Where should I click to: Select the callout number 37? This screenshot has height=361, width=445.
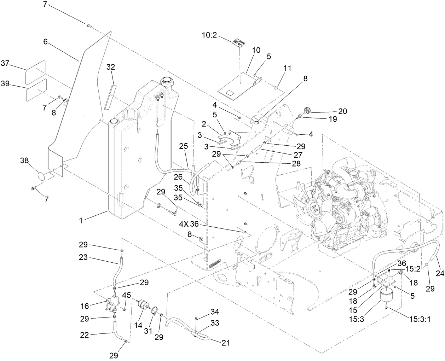[6, 63]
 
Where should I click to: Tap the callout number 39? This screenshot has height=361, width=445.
[6, 84]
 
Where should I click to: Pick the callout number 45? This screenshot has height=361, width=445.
[127, 295]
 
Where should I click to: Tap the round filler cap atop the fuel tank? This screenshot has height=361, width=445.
[166, 81]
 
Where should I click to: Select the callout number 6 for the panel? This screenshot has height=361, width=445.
[45, 41]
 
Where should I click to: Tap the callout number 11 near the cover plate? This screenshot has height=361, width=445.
[288, 68]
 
